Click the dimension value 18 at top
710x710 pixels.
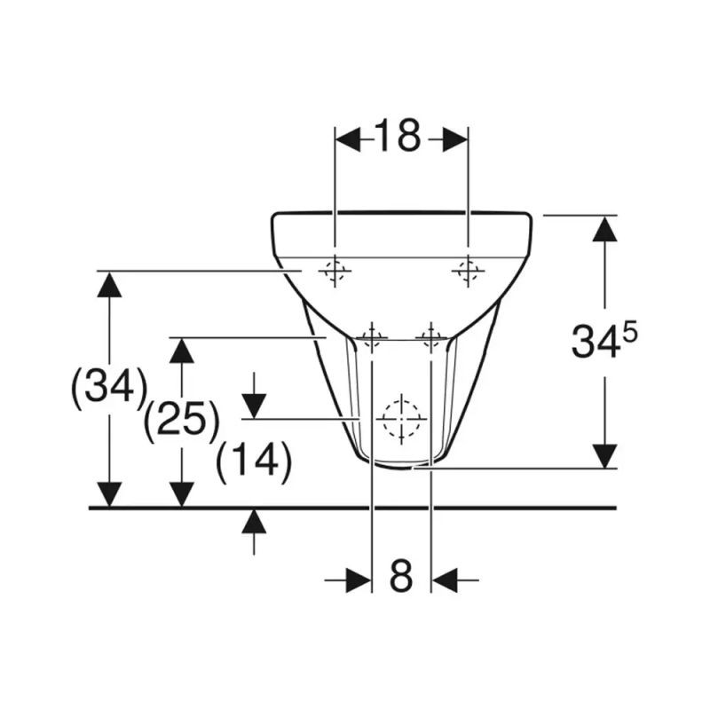pos(398,136)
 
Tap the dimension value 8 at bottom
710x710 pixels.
pos(401,576)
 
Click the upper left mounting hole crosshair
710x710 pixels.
pos(335,272)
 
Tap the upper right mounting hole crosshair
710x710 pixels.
pos(469,272)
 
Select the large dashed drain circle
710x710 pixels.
pos(401,419)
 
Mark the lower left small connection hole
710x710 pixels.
pos(372,338)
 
